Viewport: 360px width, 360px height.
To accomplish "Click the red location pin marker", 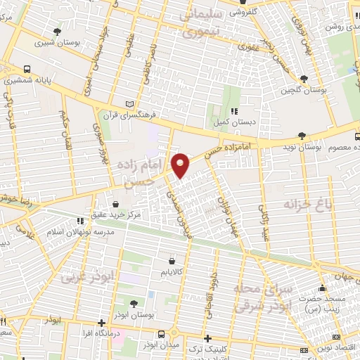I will [181, 164].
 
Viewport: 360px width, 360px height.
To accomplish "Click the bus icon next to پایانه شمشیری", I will [27, 70].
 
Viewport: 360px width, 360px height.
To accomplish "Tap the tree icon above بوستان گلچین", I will [304, 79].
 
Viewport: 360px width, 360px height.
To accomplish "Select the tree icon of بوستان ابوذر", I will [134, 304].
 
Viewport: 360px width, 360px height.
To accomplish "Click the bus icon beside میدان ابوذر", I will [162, 334].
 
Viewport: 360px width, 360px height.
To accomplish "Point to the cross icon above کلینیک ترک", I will [207, 337].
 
